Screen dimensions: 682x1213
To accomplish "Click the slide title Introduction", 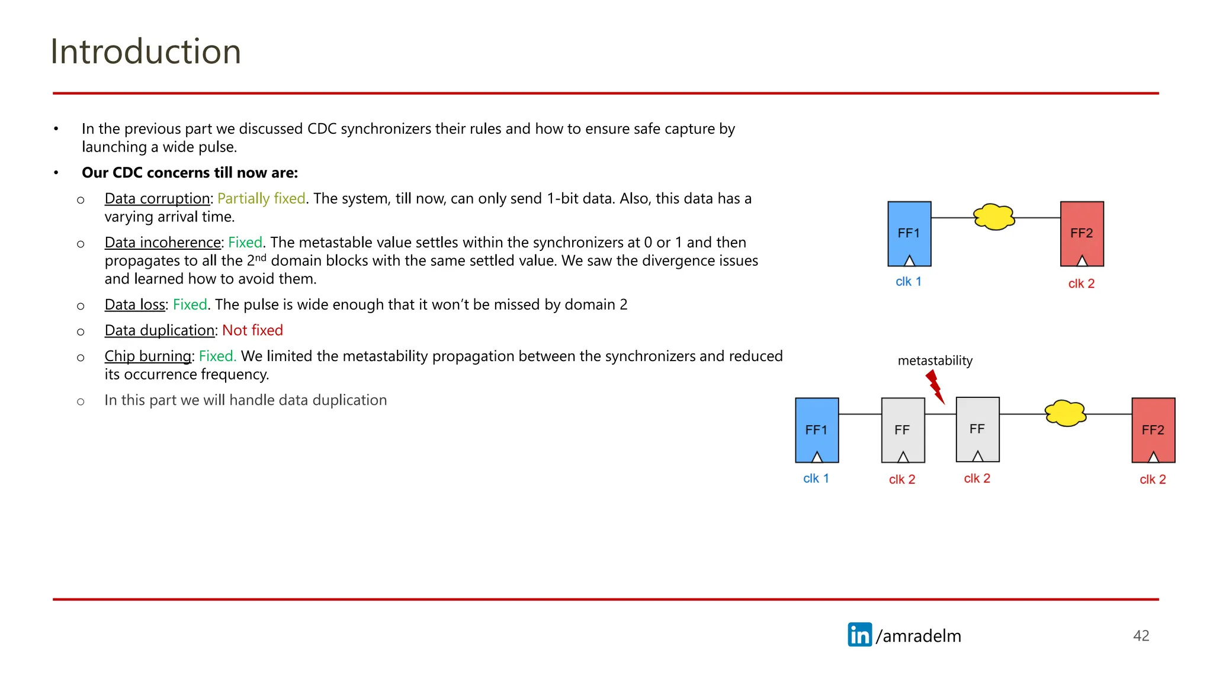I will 146,52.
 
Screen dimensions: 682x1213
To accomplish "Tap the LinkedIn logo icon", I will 859,635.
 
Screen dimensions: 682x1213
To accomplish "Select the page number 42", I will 1141,636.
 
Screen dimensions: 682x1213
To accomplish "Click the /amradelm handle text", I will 919,636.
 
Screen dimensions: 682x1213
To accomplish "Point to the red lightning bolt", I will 935,387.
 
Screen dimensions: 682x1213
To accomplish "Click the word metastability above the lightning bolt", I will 935,361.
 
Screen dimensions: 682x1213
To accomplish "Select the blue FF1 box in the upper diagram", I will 909,233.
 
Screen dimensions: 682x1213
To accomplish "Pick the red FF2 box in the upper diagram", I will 1082,233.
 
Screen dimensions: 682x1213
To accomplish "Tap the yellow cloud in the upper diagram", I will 994,217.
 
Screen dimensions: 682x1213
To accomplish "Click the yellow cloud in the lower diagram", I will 1066,413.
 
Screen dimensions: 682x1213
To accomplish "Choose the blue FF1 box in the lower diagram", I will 817,430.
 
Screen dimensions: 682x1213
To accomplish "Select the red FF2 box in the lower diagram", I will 1153,430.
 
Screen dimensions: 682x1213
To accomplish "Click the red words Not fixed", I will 252,330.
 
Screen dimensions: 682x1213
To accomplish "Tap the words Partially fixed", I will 261,198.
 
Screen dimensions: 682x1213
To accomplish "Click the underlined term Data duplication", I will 159,330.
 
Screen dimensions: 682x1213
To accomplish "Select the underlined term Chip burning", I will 148,356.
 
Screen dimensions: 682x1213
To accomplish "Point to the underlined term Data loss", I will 135,305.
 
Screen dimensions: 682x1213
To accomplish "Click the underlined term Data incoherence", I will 163,243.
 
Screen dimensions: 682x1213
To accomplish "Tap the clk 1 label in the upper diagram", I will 908,282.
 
